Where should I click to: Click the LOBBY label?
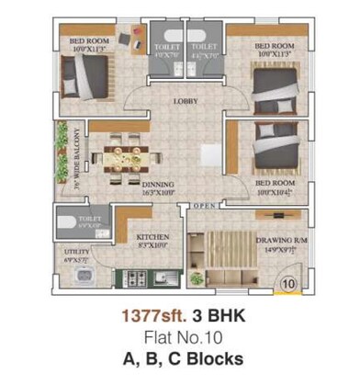point(186,102)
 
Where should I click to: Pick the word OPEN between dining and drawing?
point(205,206)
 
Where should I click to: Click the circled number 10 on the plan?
point(288,284)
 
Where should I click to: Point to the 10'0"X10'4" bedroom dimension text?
point(273,192)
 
